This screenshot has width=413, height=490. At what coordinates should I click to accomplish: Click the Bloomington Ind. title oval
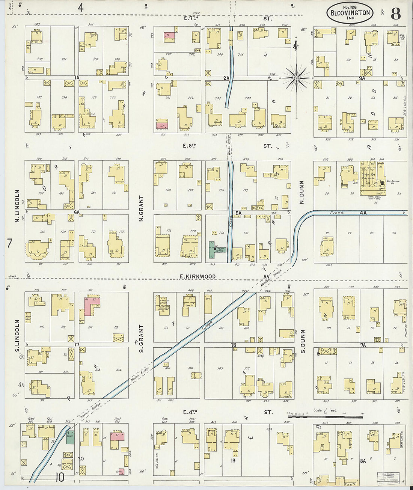coord(350,14)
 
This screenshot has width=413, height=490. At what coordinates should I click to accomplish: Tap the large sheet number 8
coord(395,14)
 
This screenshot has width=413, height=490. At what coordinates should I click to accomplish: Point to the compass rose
coord(296,78)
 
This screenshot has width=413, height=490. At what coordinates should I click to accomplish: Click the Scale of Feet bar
coord(325,416)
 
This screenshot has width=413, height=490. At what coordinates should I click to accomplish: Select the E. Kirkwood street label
coord(198,276)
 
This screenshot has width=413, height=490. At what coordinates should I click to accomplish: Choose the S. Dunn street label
coord(303,342)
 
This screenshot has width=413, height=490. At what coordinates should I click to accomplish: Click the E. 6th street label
coord(188,146)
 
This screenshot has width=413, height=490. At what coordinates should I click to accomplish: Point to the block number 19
coord(233,460)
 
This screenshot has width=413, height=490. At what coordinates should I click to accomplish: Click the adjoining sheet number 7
coord(9,243)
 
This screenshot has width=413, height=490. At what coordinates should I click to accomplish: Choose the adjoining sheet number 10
coord(59,478)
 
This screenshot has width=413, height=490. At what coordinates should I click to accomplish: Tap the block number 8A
coord(363,460)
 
